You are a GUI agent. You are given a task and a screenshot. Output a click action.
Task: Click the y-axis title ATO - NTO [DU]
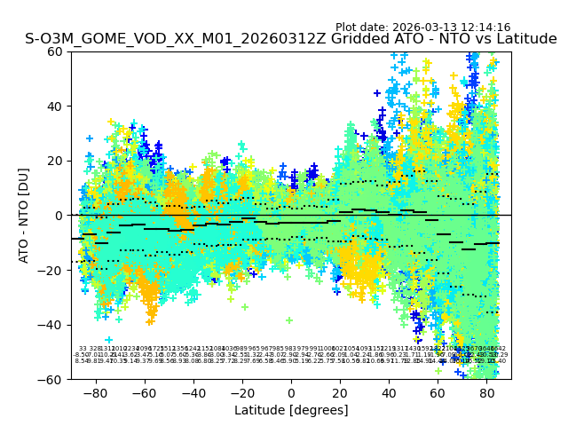pyautogui.click(x=25, y=216)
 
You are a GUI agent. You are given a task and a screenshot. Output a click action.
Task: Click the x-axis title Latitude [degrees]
pyautogui.click(x=291, y=410)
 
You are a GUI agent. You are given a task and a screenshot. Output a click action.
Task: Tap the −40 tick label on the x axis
pyautogui.click(x=193, y=392)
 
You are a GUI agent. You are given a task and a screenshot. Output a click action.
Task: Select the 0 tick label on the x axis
pyautogui.click(x=291, y=392)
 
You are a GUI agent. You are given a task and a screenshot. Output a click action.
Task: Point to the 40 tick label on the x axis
pyautogui.click(x=389, y=392)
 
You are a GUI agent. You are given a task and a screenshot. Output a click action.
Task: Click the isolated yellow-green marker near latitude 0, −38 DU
pyautogui.click(x=289, y=320)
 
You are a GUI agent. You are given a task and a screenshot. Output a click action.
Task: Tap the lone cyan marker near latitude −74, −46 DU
pyautogui.click(x=109, y=340)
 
